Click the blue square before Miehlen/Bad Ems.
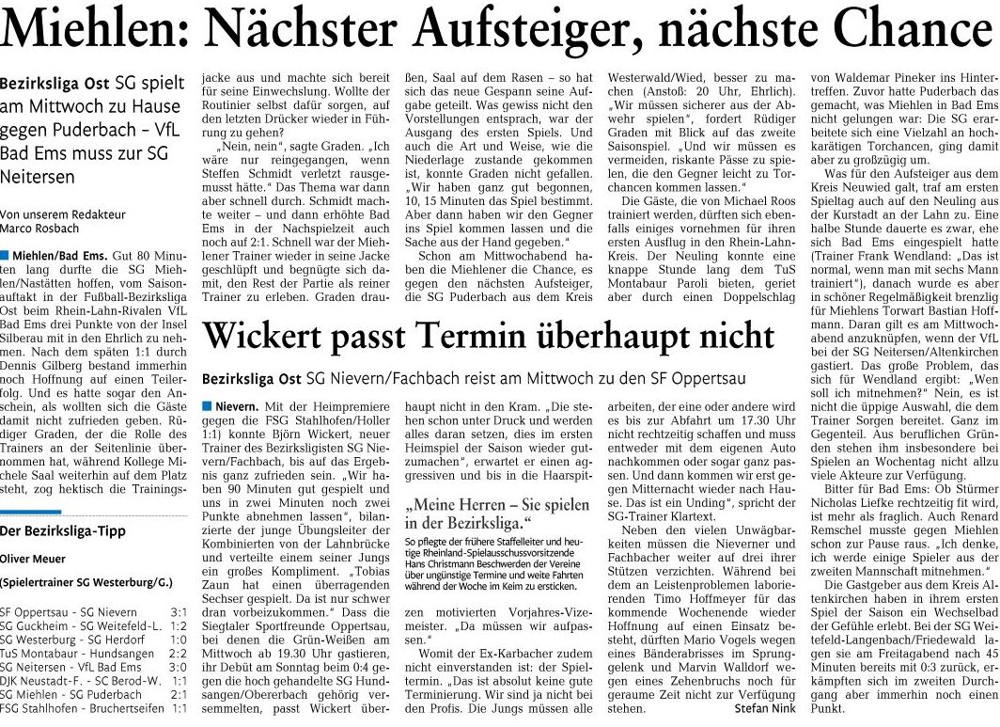(5, 257)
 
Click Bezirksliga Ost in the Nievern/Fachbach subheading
(249, 377)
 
